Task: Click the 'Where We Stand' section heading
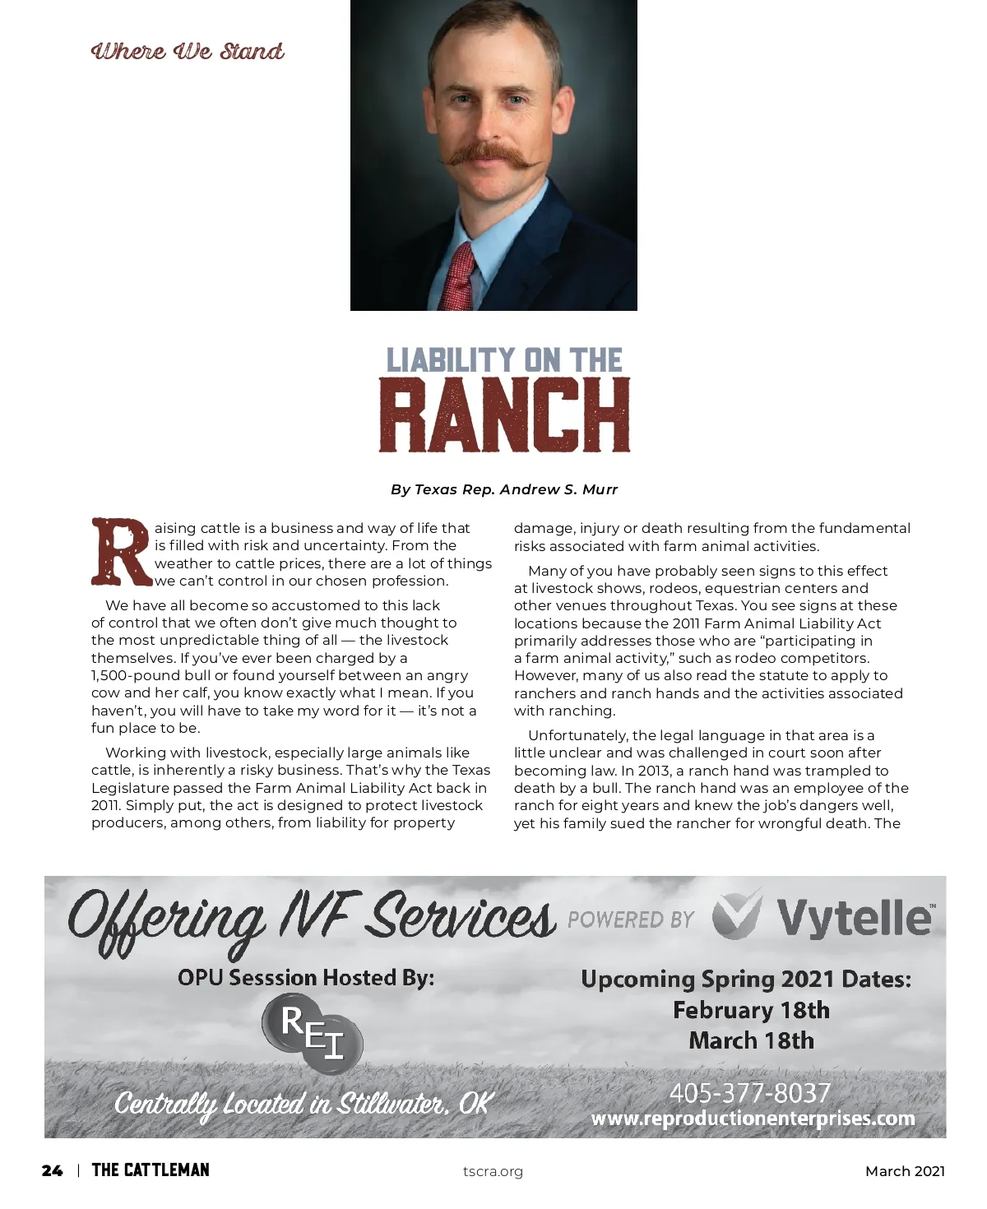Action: (188, 51)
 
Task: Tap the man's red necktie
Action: (461, 276)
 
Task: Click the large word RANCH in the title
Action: (504, 415)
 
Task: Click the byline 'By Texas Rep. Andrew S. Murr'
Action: (504, 489)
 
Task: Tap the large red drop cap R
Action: (122, 552)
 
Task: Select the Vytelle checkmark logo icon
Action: (736, 915)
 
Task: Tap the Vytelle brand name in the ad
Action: (854, 917)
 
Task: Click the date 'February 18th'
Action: (751, 1010)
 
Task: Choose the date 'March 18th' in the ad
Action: (751, 1040)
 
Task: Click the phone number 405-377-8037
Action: (750, 1093)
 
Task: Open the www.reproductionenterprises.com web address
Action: (753, 1119)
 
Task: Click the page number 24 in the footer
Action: (52, 1170)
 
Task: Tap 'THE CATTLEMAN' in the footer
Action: (151, 1170)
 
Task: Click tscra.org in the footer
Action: (493, 1171)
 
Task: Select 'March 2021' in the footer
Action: (905, 1171)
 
